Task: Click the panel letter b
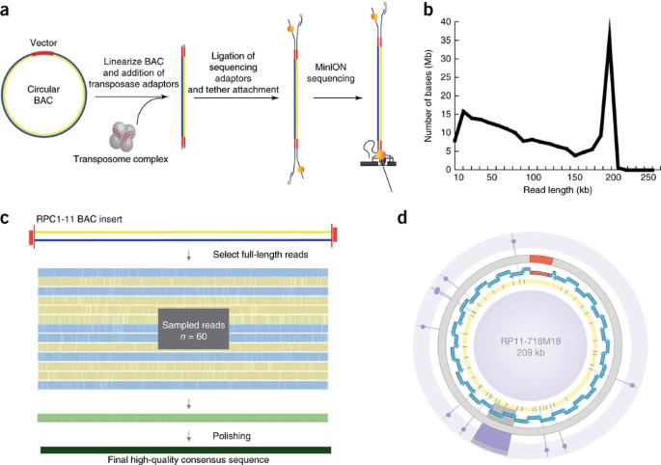[427, 10]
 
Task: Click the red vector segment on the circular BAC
[42, 53]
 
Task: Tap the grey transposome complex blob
[122, 136]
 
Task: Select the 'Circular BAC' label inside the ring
[43, 95]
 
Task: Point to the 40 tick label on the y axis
[444, 22]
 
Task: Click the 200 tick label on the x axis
[610, 178]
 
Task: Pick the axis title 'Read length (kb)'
[558, 190]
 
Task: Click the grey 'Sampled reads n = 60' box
[194, 329]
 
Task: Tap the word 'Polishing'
[232, 435]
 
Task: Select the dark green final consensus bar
[186, 450]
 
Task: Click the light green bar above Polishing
[182, 418]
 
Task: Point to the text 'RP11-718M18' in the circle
[531, 342]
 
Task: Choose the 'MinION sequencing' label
[330, 73]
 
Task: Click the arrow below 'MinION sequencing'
[338, 98]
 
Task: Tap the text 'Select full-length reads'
[261, 255]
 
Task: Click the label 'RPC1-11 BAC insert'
[79, 219]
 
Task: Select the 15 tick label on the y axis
[444, 115]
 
